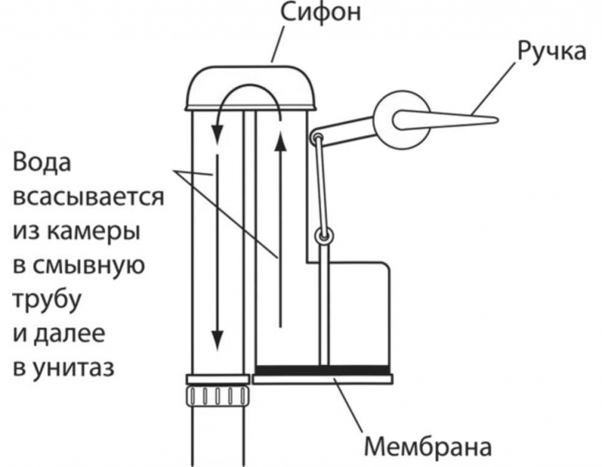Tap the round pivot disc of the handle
[x=399, y=120]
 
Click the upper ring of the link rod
[x=317, y=138]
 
